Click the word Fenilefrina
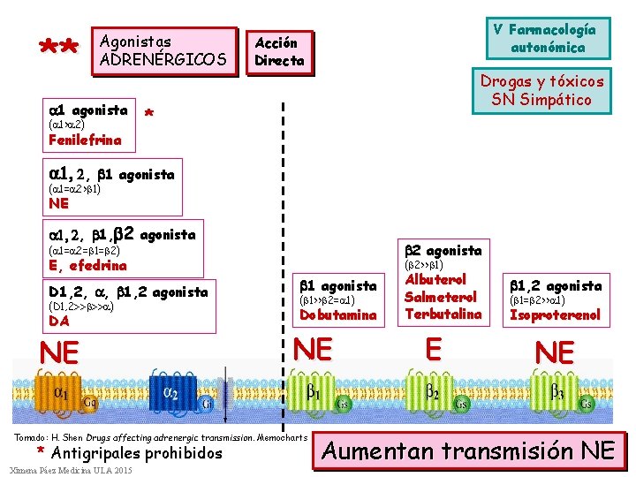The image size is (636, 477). coord(86,140)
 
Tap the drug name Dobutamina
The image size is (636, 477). coord(338,314)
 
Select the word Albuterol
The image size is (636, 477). coord(441,280)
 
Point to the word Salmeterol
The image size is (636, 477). coord(441,297)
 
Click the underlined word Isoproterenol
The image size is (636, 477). coord(555,314)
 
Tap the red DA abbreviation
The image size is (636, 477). coord(60,321)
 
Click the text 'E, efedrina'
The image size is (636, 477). coord(88,265)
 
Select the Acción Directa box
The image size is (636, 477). coord(279,52)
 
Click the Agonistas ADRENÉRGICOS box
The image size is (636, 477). coord(164,51)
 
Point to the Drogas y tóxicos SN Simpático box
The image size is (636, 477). coord(541,90)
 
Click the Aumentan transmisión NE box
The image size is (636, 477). coord(468,450)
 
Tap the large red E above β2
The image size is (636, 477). coord(433,350)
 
